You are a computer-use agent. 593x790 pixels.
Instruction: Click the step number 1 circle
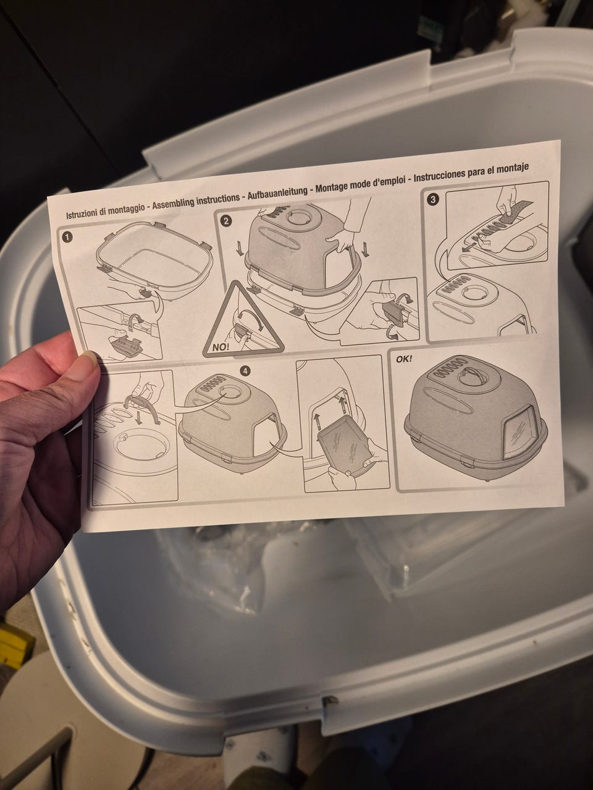(x=67, y=237)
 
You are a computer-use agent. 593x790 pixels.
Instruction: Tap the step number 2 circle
(x=225, y=220)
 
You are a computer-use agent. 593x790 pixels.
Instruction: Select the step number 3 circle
(x=433, y=199)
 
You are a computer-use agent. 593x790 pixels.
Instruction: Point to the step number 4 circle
(x=246, y=372)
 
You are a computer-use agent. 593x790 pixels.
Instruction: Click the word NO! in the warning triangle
(x=220, y=347)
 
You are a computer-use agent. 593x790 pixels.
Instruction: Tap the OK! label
(x=403, y=359)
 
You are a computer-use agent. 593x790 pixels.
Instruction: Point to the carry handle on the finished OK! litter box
(x=468, y=373)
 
